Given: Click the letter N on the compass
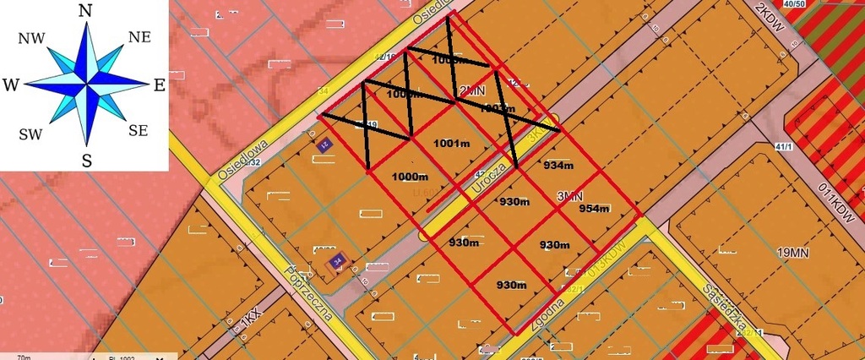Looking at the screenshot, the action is [x=84, y=10].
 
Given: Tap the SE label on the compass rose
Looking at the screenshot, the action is [x=139, y=130].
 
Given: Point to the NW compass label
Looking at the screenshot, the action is [x=31, y=37].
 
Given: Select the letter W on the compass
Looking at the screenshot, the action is [x=11, y=85].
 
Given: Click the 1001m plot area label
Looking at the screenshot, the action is [x=451, y=144].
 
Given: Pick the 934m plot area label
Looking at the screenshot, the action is [x=558, y=165].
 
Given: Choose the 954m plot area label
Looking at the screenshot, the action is [x=595, y=209].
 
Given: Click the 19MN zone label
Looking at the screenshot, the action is [x=796, y=252].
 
